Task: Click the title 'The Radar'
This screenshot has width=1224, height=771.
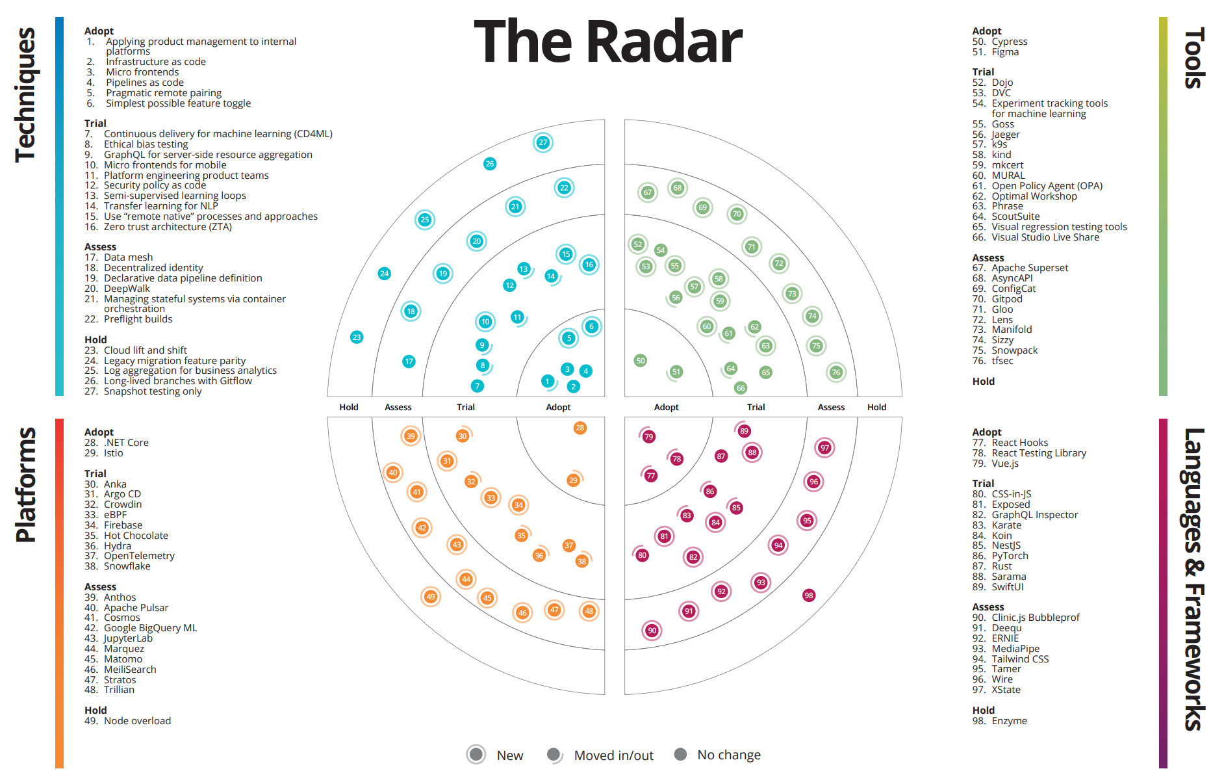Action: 607,42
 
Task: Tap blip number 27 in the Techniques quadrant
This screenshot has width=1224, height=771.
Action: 542,142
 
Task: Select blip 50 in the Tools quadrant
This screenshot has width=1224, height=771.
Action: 641,360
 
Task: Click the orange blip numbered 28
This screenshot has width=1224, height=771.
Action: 580,428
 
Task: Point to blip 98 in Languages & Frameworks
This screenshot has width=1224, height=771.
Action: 808,595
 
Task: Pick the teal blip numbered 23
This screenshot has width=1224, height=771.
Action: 357,337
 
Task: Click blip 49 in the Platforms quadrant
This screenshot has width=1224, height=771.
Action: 430,596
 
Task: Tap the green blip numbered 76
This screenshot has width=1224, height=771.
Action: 835,372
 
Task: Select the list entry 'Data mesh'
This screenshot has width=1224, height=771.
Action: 128,257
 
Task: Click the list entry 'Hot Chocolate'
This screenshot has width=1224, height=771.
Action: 136,536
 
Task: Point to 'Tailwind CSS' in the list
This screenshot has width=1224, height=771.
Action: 1019,659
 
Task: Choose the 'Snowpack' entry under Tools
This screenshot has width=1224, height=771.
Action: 1014,350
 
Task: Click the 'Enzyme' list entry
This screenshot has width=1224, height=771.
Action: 1009,721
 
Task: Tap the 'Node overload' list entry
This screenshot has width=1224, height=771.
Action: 137,721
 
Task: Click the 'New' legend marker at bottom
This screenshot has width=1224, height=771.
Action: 476,754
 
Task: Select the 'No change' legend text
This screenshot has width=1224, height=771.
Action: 728,755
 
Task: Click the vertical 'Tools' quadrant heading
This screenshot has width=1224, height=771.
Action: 1194,59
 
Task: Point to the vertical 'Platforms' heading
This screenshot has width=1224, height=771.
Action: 26,484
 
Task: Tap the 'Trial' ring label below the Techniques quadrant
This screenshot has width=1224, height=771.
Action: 465,407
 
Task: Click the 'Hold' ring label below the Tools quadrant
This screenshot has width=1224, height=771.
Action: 876,407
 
